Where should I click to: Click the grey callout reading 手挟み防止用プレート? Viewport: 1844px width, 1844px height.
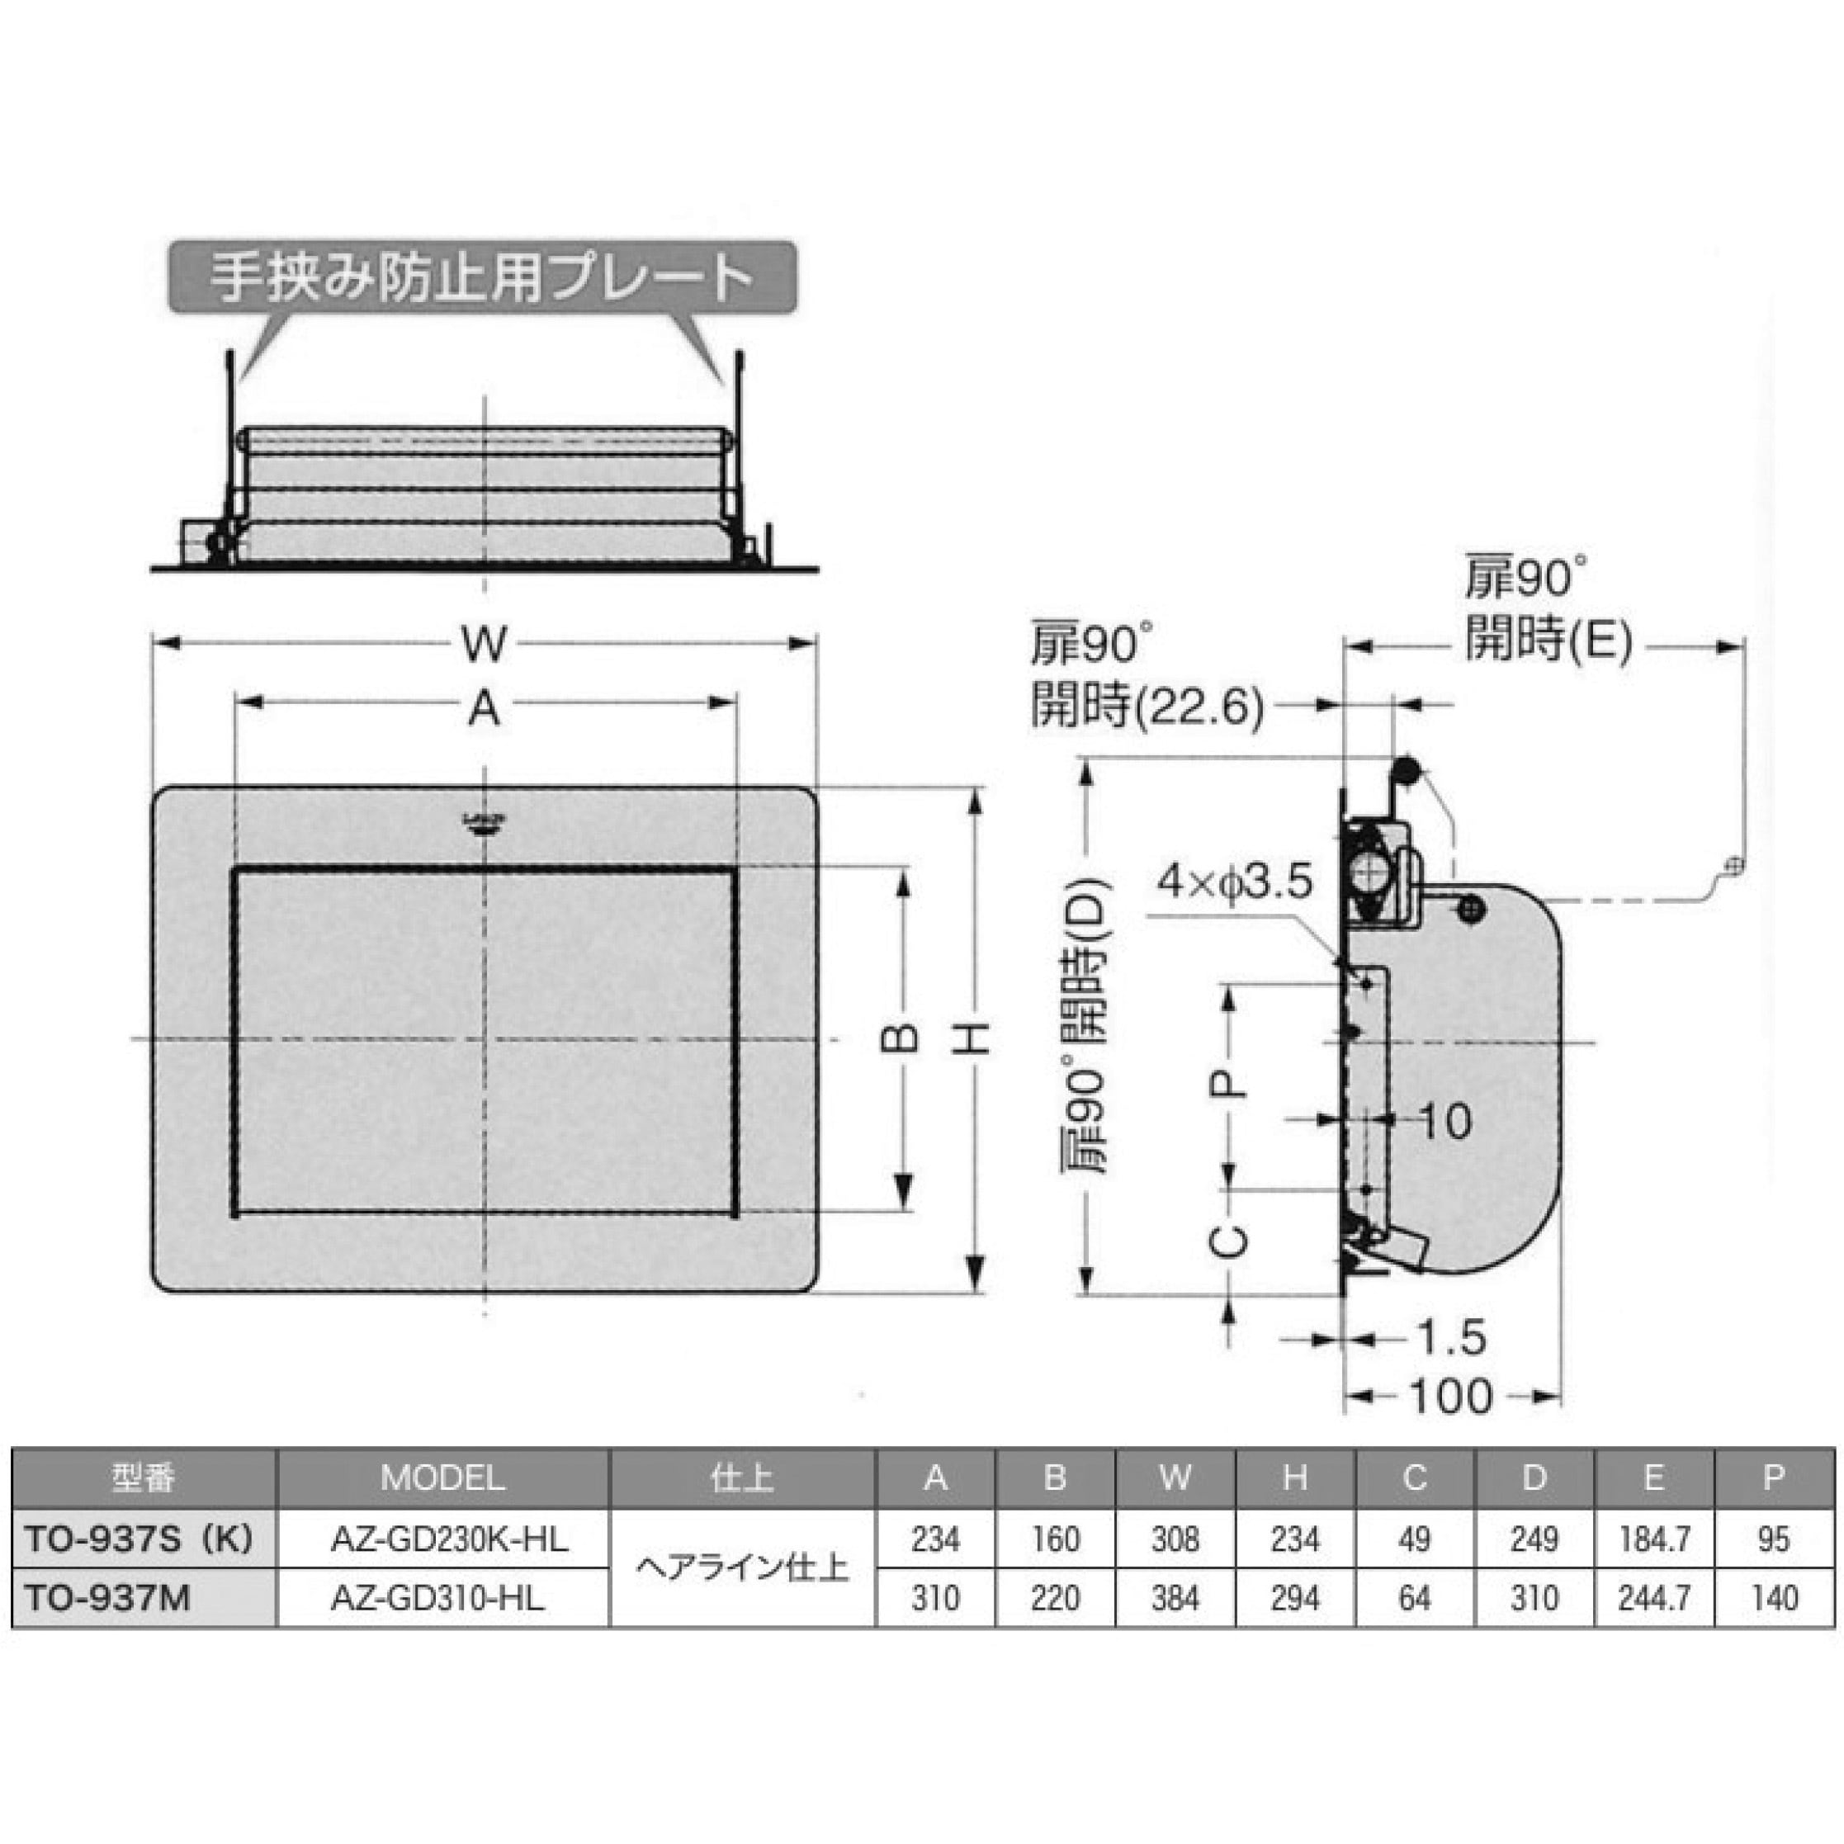click(x=482, y=277)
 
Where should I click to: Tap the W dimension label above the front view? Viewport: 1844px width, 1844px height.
click(x=484, y=645)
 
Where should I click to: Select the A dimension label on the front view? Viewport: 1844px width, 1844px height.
click(x=484, y=709)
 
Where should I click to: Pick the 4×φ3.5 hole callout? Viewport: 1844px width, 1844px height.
click(x=1236, y=882)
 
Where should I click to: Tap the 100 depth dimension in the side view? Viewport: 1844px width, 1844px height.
click(x=1452, y=1397)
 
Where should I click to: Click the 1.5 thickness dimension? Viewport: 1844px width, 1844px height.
click(x=1451, y=1337)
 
